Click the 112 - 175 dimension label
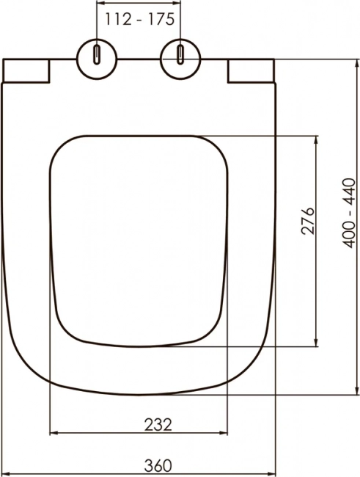point(140,20)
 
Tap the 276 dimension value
point(307,221)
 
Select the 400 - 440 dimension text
point(348,213)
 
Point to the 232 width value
point(158,425)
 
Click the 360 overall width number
point(158,465)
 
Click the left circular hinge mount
point(96,59)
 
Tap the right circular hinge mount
point(180,59)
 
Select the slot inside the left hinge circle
point(96,55)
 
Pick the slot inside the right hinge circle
point(180,55)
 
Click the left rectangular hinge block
point(26,70)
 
